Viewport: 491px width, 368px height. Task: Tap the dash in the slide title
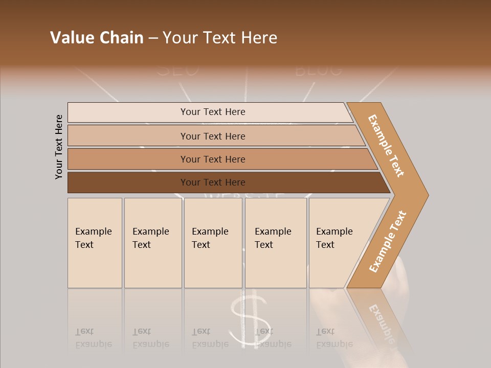coord(153,38)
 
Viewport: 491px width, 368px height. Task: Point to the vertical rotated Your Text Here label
coord(59,147)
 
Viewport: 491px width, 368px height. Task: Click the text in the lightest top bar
coord(213,112)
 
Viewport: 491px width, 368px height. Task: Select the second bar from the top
coord(213,136)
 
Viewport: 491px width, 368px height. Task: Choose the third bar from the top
coord(213,159)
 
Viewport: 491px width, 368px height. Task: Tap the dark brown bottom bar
coord(213,182)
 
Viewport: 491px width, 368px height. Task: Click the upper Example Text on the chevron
coord(386,146)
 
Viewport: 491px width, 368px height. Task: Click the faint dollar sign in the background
coord(249,319)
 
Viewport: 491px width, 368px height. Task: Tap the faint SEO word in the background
coord(177,70)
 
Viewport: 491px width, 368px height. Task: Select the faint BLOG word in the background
coord(318,70)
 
